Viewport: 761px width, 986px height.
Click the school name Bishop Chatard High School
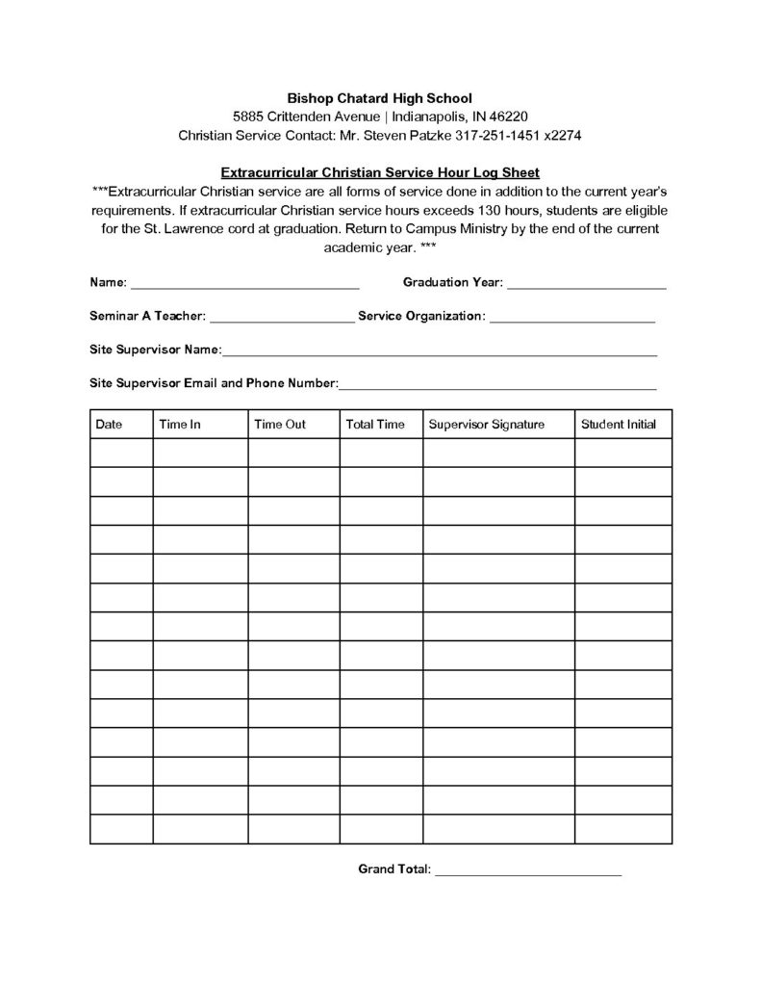tap(380, 97)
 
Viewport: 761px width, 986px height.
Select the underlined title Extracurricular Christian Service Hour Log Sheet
tap(380, 173)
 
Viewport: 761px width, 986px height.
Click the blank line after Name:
tap(244, 286)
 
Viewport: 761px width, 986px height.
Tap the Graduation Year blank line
tap(586, 286)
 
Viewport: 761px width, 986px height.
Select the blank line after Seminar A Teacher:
tap(281, 320)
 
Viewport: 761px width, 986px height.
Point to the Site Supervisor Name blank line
tap(440, 353)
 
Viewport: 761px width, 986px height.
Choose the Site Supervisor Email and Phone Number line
tap(497, 387)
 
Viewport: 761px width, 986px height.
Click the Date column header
tap(109, 425)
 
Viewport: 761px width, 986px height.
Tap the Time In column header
tap(180, 425)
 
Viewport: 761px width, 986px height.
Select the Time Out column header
tap(280, 425)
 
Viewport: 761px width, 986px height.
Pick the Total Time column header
tap(375, 425)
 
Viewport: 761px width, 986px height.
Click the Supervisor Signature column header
tap(487, 425)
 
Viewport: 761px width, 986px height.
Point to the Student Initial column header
tap(619, 425)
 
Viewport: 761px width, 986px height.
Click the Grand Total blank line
tap(528, 872)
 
